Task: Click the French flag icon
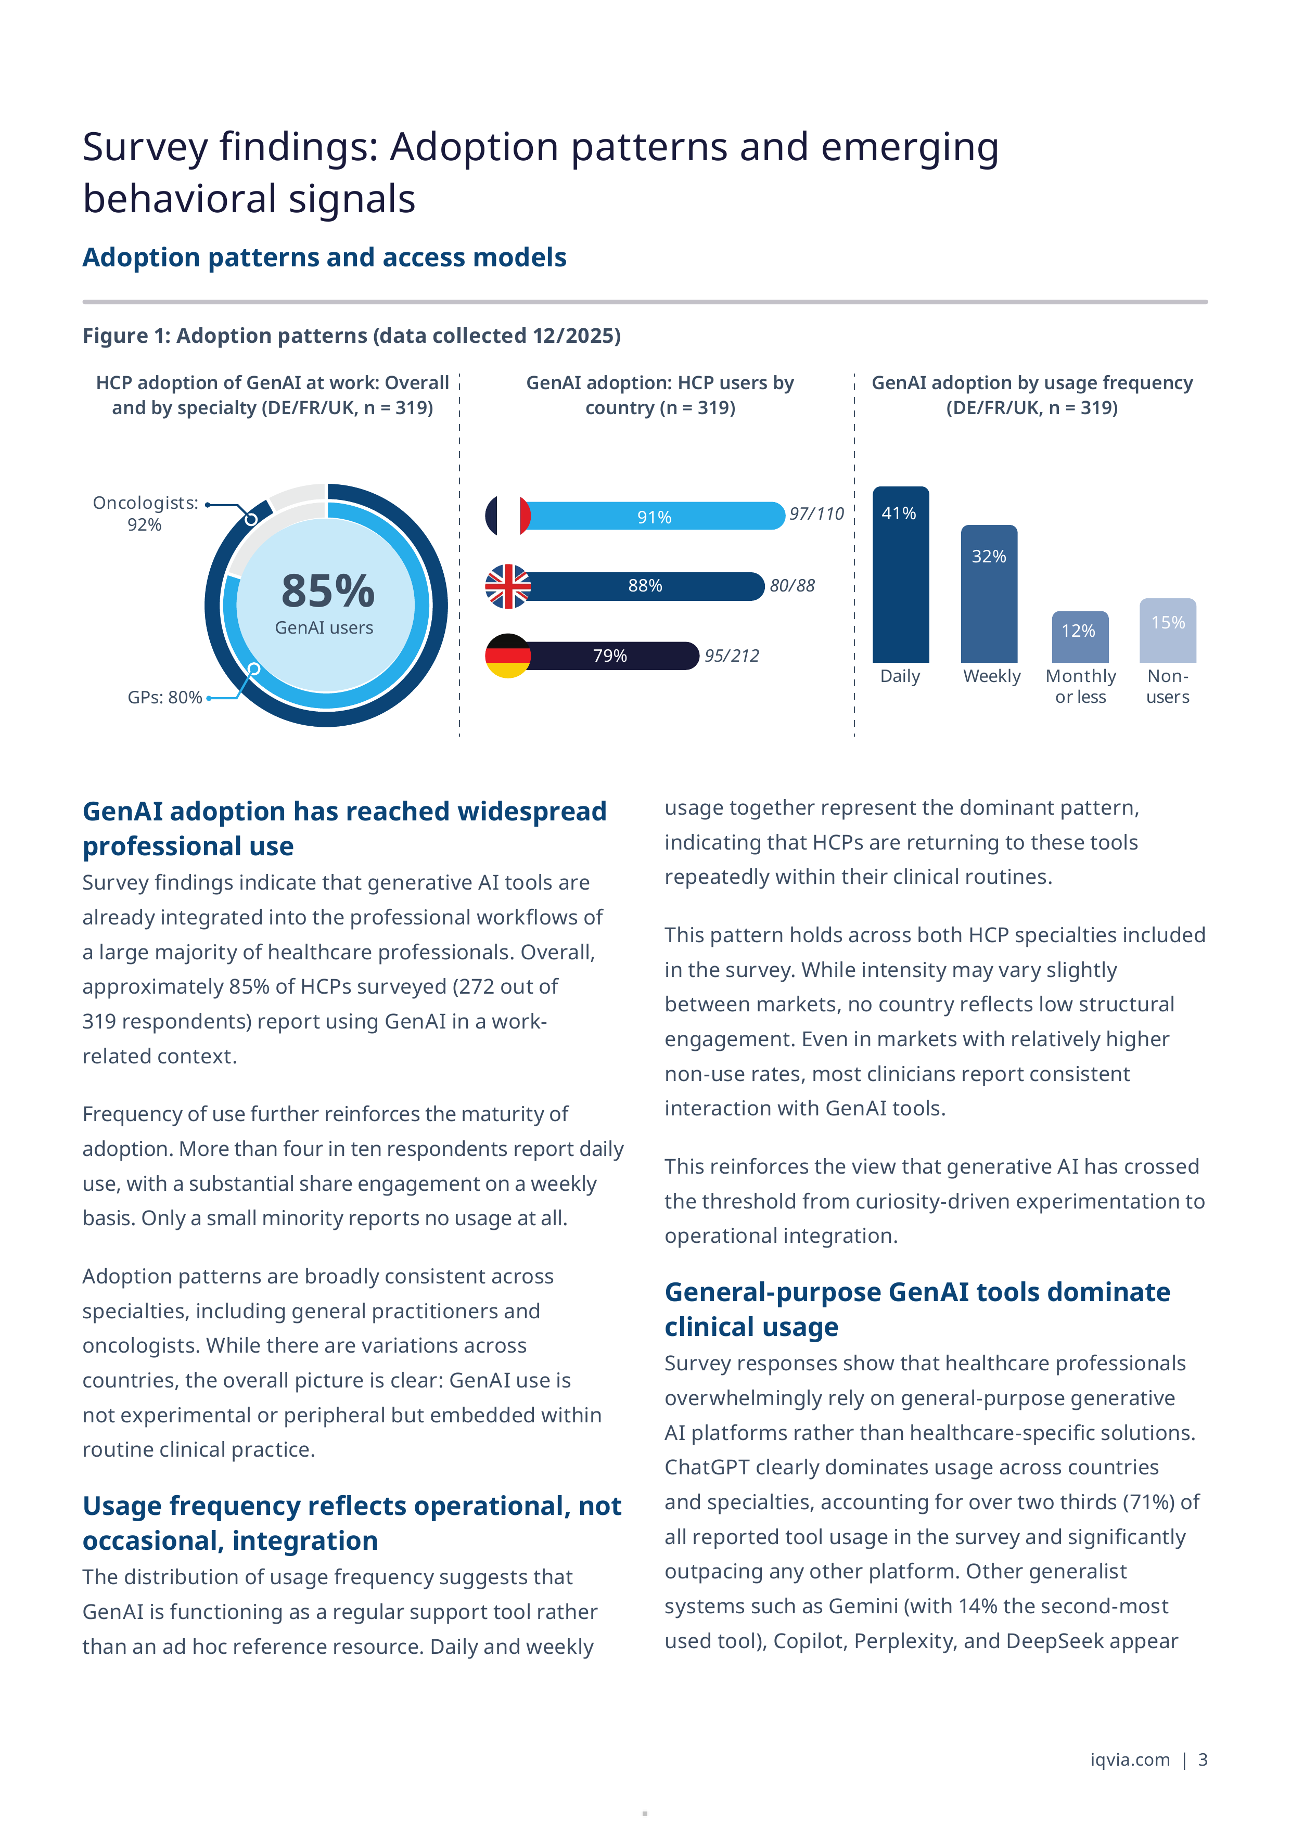(508, 516)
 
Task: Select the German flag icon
(508, 656)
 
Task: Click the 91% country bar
(654, 516)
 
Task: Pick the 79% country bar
(610, 656)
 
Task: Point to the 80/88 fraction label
(792, 586)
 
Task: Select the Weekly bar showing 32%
(989, 594)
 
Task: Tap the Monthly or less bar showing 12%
(1080, 637)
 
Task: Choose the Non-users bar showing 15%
(1168, 631)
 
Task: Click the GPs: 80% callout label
(164, 697)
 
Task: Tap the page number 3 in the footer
(1203, 1760)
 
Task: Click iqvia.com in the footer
(1130, 1760)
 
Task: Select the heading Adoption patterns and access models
(324, 258)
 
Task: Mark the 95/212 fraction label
(731, 656)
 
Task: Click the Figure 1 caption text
(351, 336)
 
